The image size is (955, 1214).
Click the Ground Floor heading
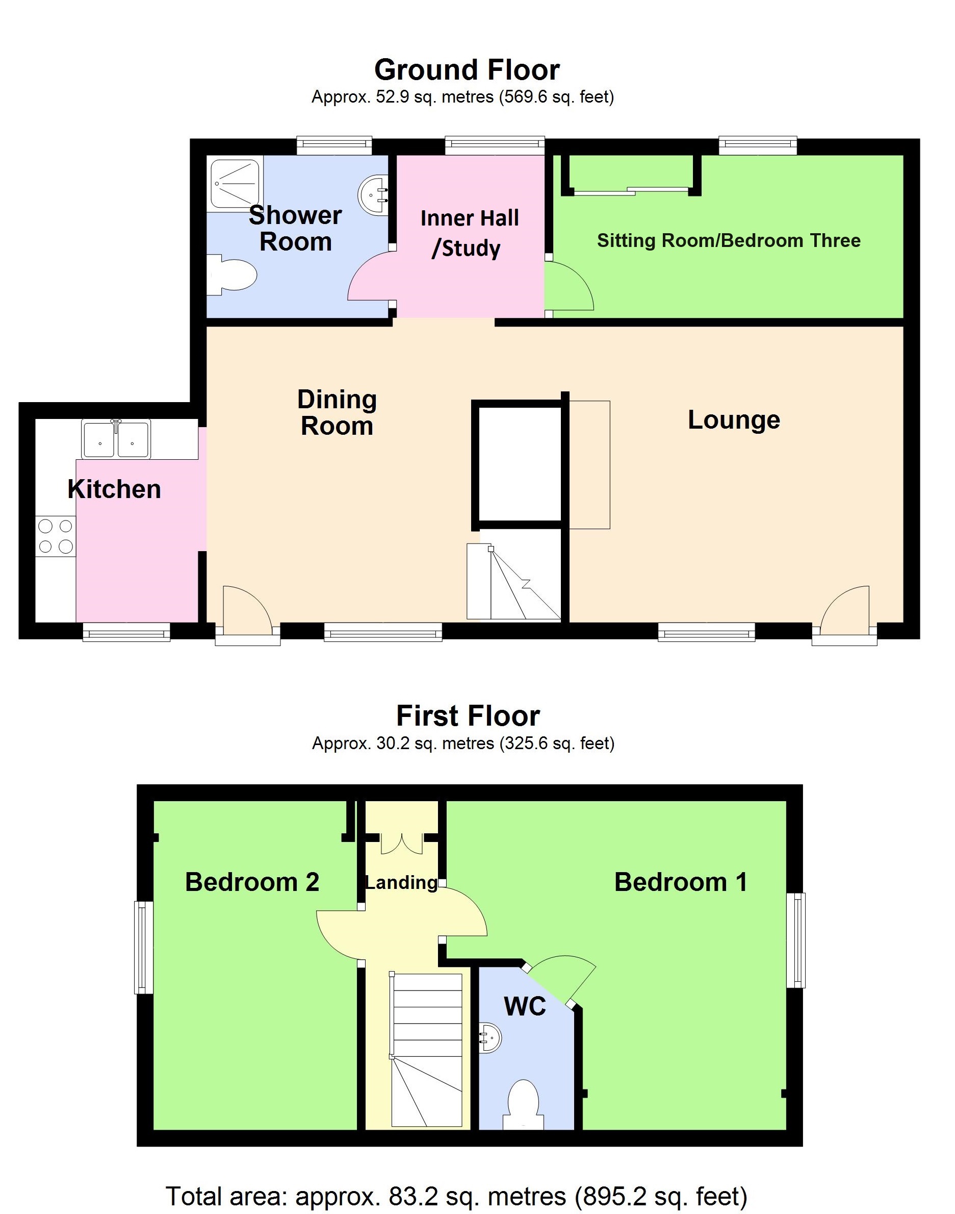coord(467,70)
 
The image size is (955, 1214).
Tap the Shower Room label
coord(295,228)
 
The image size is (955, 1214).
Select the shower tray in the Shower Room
coord(234,184)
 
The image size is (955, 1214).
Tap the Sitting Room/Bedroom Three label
coord(729,240)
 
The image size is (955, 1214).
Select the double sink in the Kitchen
coord(116,440)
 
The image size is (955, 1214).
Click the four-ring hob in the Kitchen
coord(56,536)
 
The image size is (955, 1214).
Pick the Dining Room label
coord(337,413)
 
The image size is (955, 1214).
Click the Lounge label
coord(734,419)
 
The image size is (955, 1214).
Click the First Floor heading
coord(468,716)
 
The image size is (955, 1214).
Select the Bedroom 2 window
coord(144,947)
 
